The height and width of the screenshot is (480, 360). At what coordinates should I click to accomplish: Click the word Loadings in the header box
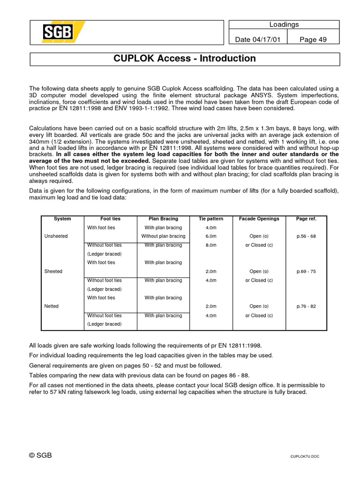tap(284, 24)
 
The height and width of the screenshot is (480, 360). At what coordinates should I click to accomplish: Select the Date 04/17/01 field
tap(257, 39)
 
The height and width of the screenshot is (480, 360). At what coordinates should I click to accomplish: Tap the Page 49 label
tap(313, 39)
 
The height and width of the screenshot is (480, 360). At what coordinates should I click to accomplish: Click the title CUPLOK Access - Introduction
tap(185, 59)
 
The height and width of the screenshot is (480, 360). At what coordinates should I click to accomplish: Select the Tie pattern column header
tap(211, 219)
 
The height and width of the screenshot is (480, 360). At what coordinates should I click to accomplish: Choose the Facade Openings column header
tap(259, 219)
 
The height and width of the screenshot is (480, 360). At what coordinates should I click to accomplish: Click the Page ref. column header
tap(306, 219)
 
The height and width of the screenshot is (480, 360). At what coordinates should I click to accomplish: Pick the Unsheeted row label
tap(55, 236)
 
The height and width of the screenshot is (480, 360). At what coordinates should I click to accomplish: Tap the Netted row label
tap(52, 306)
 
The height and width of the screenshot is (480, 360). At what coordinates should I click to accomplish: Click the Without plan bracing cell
tap(163, 236)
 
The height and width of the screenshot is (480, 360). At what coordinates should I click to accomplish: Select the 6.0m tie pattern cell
tap(211, 236)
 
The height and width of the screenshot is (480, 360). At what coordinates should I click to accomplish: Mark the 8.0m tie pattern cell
tap(211, 245)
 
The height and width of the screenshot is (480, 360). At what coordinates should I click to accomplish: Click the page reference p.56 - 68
tap(306, 236)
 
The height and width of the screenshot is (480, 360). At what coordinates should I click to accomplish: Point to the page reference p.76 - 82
tap(306, 306)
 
